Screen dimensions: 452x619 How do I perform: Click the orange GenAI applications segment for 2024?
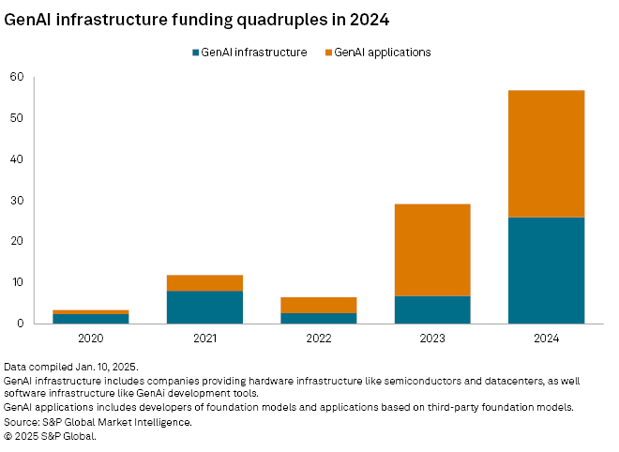coord(546,154)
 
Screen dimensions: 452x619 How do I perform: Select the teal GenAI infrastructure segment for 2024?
coord(546,270)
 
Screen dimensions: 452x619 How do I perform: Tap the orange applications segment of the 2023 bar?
coord(432,249)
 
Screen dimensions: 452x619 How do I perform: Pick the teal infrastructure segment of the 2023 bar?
coord(432,309)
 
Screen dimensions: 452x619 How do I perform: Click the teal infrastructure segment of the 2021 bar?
coord(205,307)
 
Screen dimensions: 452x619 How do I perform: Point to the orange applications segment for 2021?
coord(205,282)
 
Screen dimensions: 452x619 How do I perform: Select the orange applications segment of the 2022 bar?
coord(319,305)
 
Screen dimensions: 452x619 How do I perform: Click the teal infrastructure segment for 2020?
coord(92,318)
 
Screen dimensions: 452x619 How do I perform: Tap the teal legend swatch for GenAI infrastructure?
coord(194,53)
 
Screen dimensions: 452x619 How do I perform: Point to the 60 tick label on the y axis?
coord(17,77)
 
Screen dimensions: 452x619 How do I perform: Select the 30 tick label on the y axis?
coord(17,201)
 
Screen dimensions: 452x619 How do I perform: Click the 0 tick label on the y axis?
coord(20,324)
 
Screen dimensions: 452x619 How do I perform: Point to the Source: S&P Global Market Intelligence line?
coord(98,422)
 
